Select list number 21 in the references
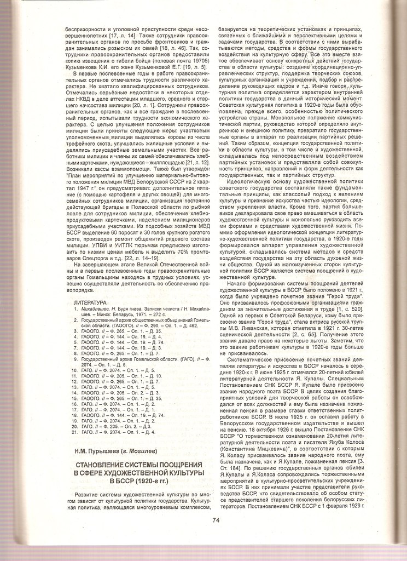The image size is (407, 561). [x=76, y=432]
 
